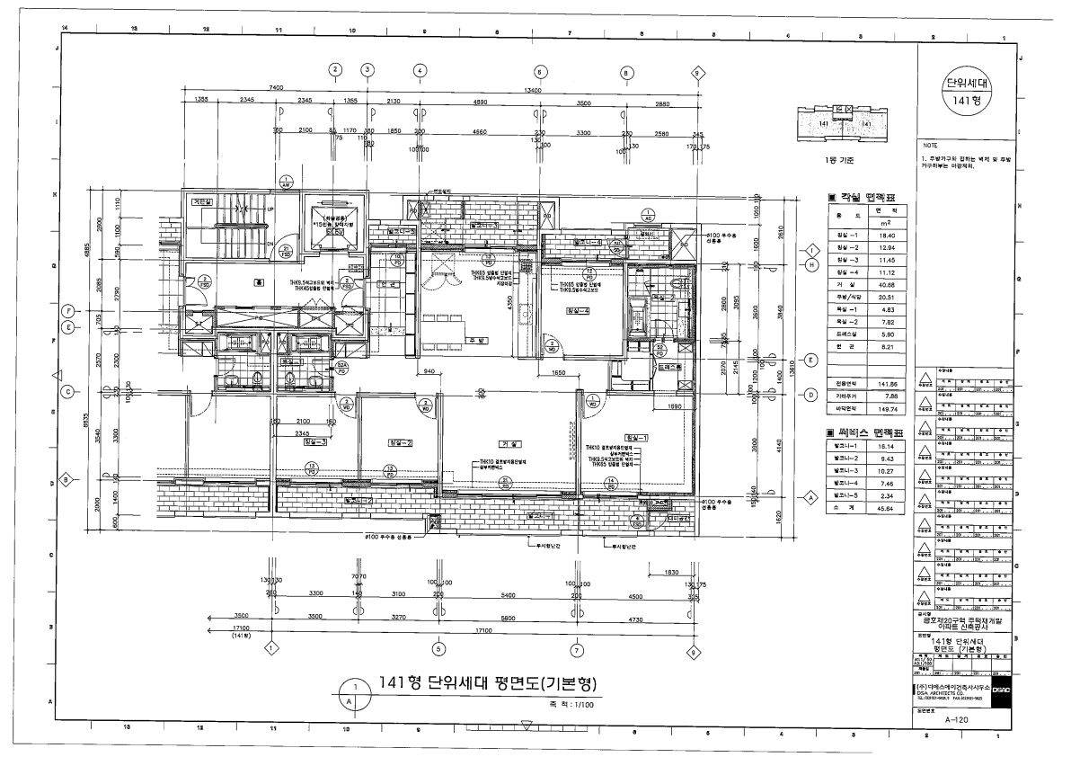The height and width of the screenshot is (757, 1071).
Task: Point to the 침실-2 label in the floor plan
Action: click(400, 443)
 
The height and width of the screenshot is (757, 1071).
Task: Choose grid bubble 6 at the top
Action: click(540, 71)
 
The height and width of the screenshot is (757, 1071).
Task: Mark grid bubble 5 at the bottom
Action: click(438, 649)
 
